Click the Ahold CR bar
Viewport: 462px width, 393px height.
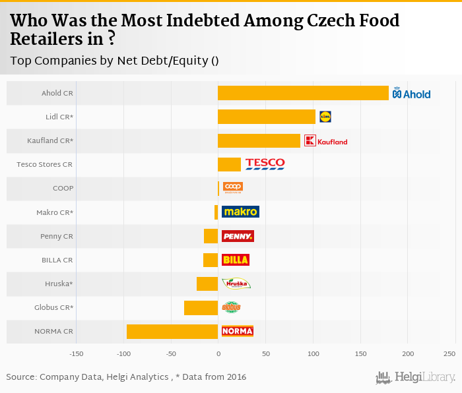[303, 93]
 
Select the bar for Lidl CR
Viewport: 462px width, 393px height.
[267, 117]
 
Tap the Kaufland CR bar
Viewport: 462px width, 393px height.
[259, 140]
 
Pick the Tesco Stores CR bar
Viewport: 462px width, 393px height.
[229, 164]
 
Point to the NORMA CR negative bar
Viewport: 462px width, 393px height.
[172, 331]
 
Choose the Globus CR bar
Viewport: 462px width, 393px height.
[201, 307]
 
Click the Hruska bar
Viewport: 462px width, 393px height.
[207, 284]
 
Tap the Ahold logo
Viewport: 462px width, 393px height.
[411, 94]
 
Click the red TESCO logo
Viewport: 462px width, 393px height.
[265, 164]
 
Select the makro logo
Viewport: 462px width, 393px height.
[240, 212]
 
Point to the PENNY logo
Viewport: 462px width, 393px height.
[238, 236]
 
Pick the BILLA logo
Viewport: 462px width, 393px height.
[236, 260]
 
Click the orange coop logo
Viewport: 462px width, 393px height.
[233, 187]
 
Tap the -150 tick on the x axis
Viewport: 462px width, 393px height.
[77, 355]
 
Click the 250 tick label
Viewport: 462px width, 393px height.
[449, 355]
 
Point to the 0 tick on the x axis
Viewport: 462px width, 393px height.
[218, 355]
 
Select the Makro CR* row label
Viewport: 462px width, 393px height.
[55, 212]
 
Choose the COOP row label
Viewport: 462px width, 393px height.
[63, 189]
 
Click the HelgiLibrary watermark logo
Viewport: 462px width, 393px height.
[415, 377]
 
